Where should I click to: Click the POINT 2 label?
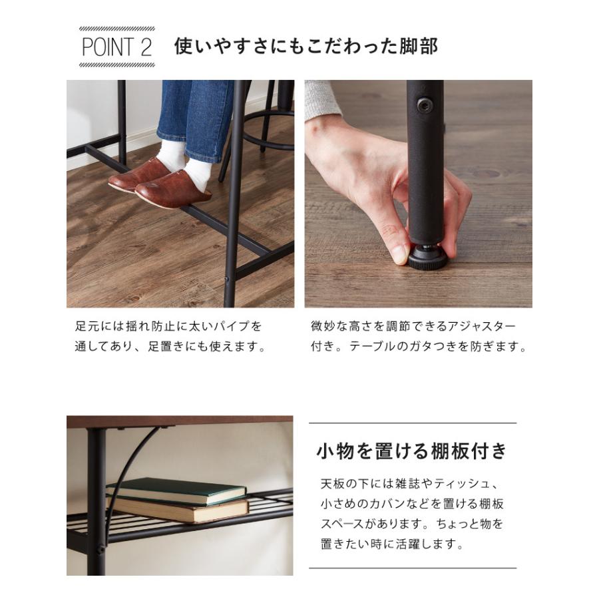pos(117,47)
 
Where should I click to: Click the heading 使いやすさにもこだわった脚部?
pos(305,47)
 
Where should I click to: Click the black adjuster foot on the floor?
pos(427,258)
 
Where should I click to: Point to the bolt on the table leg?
pos(424,104)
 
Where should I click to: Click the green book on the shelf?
pos(176,490)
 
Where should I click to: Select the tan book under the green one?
pos(180,510)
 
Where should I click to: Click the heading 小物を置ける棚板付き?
pos(412,451)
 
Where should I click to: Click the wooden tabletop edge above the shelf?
pos(180,421)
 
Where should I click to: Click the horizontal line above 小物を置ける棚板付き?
pos(413,423)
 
